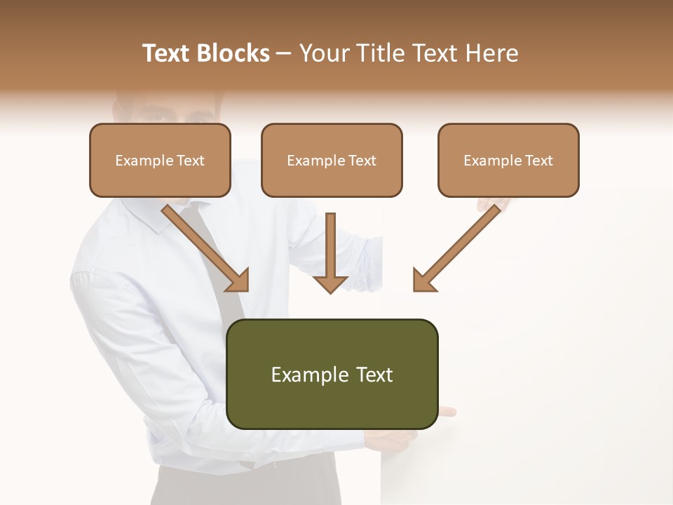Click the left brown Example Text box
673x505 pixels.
[160, 161]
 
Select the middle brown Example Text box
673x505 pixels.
[332, 161]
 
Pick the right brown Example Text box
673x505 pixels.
[508, 161]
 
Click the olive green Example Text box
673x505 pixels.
[332, 374]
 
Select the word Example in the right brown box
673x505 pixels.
[489, 161]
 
